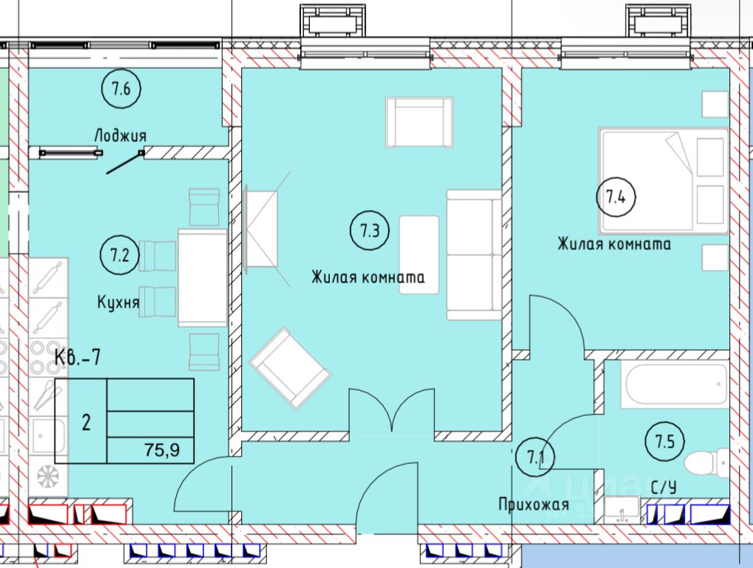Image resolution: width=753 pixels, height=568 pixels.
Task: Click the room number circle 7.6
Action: coord(121,89)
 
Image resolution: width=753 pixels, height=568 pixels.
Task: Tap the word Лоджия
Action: coord(120,136)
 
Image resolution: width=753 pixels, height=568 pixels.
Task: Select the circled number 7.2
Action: coord(120,255)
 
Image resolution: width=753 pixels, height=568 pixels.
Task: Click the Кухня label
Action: coord(118,303)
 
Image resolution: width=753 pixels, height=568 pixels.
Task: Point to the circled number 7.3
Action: coord(370,231)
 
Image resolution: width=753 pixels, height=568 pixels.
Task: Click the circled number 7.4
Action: coord(615,197)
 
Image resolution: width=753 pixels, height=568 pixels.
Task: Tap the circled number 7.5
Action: coord(665,442)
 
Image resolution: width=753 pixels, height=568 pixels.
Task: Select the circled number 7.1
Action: coord(535,457)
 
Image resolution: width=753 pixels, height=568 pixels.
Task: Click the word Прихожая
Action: coord(533,504)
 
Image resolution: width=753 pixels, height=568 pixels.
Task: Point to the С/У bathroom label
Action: coord(663,488)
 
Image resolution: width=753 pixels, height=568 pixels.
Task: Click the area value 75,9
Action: coord(162,450)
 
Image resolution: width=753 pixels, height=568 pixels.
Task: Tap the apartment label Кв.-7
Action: coord(78,358)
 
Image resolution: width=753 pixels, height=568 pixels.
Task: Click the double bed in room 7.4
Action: coord(663,180)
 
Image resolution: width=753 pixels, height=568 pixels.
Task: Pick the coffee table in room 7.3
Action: coord(419,255)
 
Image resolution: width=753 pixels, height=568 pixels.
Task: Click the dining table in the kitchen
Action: coord(202,277)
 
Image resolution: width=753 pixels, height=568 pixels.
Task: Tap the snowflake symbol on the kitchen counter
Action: coord(47,476)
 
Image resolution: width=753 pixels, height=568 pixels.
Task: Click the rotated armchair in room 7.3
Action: coord(290,368)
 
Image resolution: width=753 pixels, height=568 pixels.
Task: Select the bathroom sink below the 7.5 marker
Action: coord(622,510)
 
